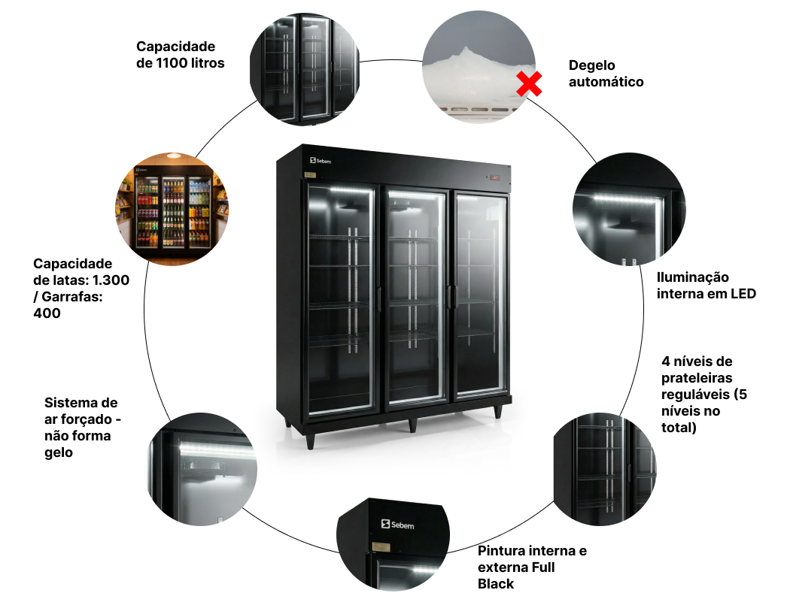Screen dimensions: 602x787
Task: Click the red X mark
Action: [530, 84]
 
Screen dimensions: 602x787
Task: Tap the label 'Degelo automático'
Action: [606, 74]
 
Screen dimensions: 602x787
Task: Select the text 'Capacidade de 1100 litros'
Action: [181, 55]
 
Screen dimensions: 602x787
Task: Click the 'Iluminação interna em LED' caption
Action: [706, 286]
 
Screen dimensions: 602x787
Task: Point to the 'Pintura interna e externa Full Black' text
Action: [532, 567]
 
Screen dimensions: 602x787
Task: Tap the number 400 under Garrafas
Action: [47, 313]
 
